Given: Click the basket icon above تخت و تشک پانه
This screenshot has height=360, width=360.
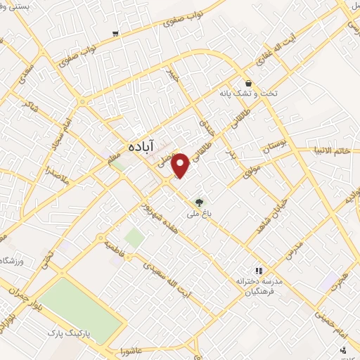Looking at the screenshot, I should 248,82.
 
